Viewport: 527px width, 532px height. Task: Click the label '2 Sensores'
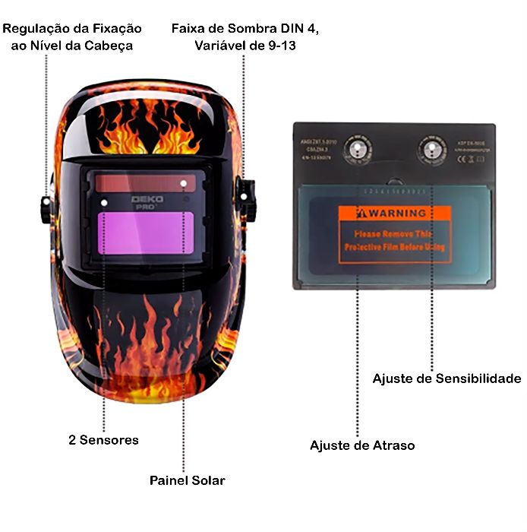pyautogui.click(x=103, y=440)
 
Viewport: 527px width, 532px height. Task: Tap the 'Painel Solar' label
pyautogui.click(x=187, y=480)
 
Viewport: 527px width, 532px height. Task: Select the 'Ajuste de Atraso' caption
pyautogui.click(x=362, y=445)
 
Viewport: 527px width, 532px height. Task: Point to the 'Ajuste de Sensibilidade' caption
pyautogui.click(x=447, y=378)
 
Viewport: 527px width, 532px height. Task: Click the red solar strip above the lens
pyautogui.click(x=144, y=183)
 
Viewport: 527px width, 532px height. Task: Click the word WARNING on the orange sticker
pyautogui.click(x=399, y=213)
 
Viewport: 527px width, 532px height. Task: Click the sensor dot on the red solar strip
pyautogui.click(x=184, y=183)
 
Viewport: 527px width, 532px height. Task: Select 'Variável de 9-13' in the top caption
pyautogui.click(x=245, y=46)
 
